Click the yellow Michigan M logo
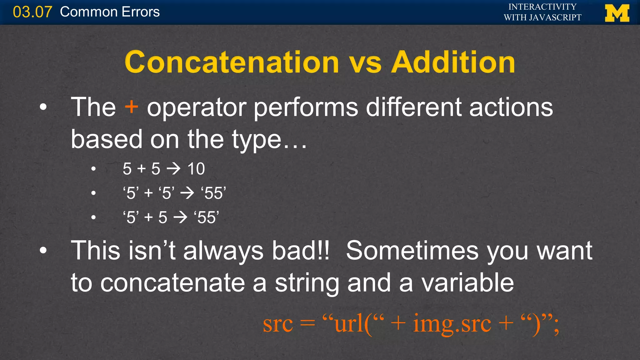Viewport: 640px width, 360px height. (617, 13)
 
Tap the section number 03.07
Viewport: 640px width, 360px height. (32, 12)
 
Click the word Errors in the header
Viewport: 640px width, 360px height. (141, 12)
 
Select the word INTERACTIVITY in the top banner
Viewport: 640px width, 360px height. (542, 7)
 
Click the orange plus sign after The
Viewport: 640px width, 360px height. (131, 107)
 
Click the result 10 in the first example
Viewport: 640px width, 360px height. (196, 169)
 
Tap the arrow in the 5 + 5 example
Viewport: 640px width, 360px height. (174, 169)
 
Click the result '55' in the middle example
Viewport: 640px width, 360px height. (213, 193)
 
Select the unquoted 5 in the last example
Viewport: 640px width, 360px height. (162, 217)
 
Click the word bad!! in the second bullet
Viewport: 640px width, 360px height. (300, 251)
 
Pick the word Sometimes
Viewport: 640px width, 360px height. (412, 251)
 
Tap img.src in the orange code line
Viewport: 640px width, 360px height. (452, 324)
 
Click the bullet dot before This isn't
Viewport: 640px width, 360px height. (43, 250)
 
